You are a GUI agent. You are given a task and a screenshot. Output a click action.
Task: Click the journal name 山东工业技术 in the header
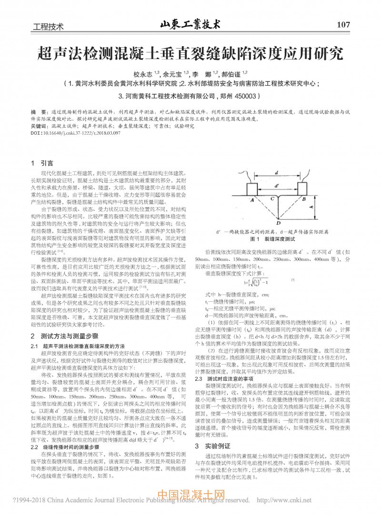[x=190, y=23]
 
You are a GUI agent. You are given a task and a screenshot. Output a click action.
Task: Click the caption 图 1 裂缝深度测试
[x=274, y=238]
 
